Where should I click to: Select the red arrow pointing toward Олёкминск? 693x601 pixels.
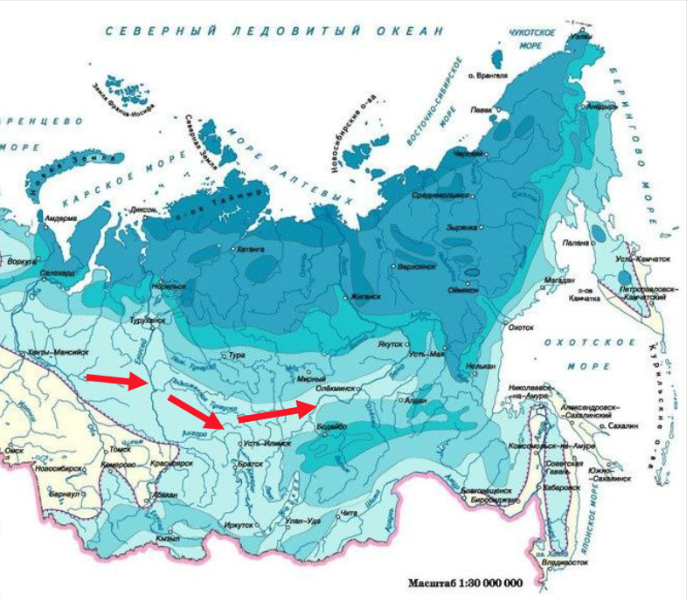274,412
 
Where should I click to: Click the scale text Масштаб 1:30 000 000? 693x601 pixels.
465,583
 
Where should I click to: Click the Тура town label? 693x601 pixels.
238,356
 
